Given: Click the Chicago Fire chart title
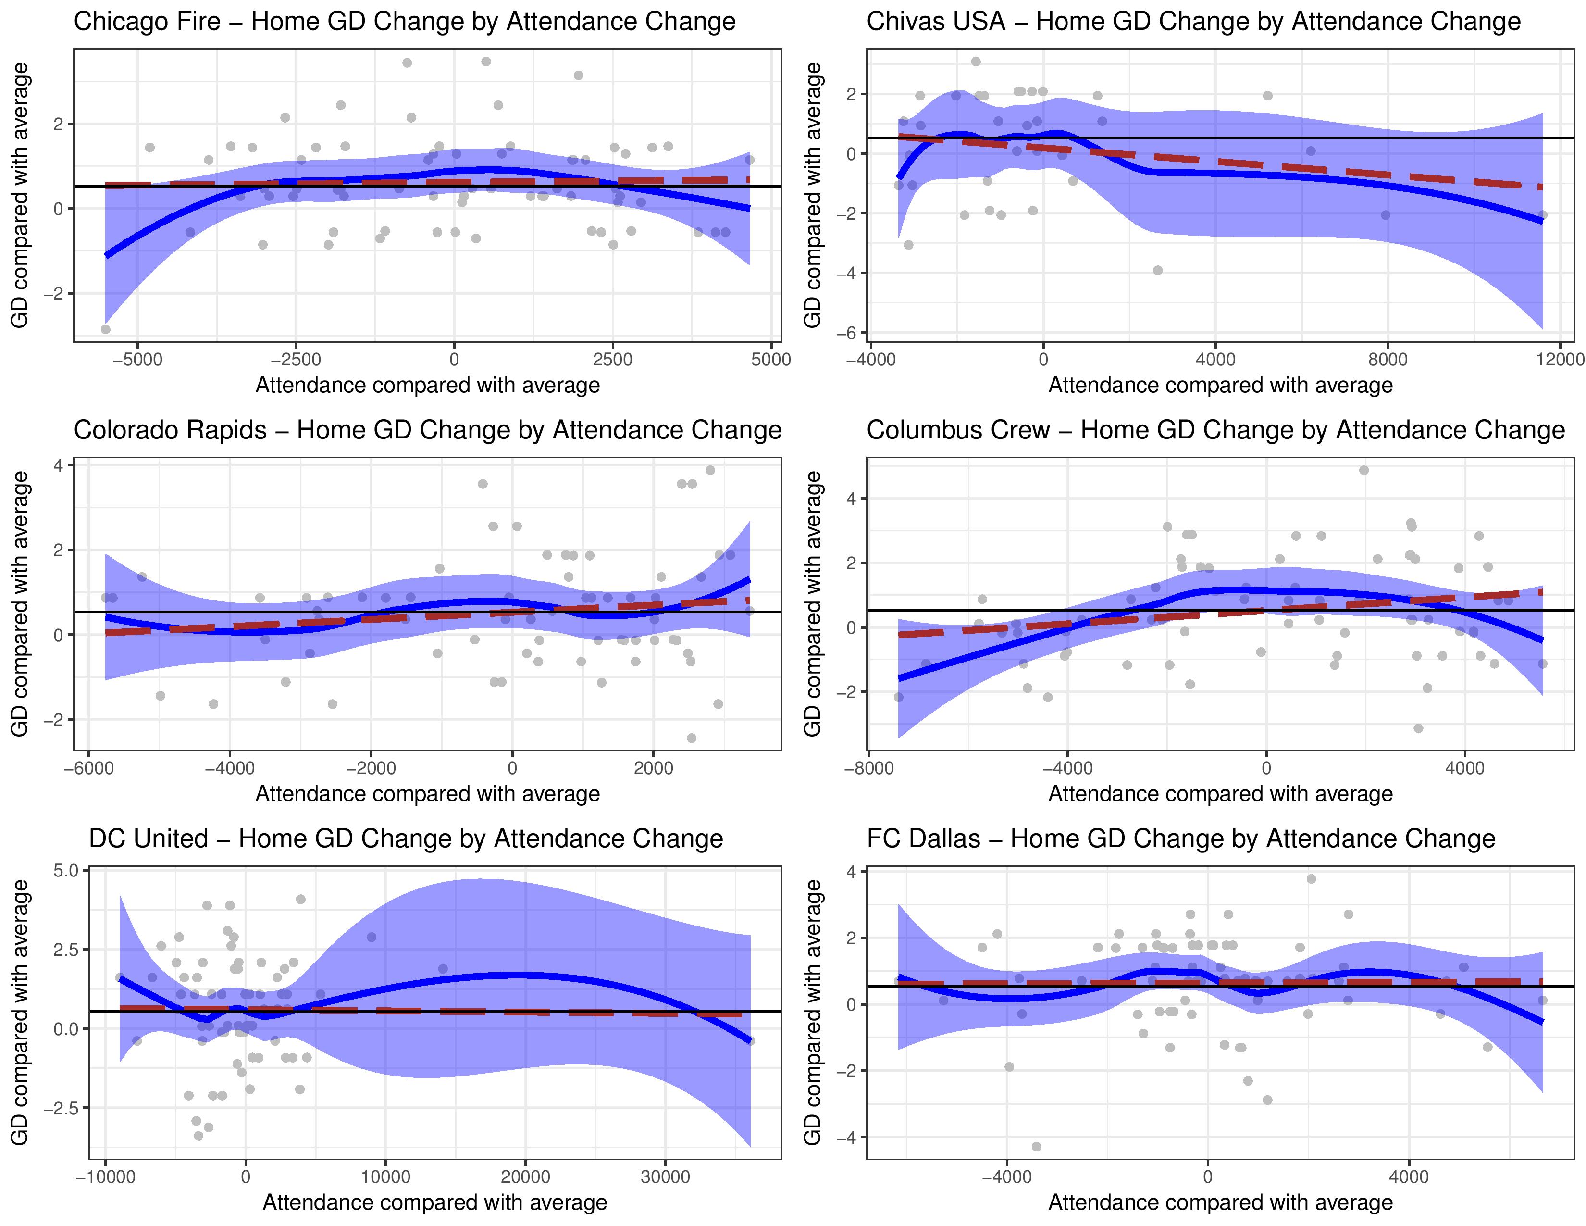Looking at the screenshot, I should pyautogui.click(x=405, y=22).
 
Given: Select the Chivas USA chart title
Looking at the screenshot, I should pyautogui.click(x=1193, y=22).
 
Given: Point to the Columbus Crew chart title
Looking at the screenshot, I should pyautogui.click(x=1215, y=430).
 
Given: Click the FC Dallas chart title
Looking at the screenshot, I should pyautogui.click(x=1181, y=839).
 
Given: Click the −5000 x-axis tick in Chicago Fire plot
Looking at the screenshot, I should pyautogui.click(x=137, y=360).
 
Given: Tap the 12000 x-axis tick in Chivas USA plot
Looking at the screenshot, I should pyautogui.click(x=1560, y=360).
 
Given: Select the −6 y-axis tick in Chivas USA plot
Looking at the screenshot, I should pyautogui.click(x=847, y=333).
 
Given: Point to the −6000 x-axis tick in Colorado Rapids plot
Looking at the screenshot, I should pyautogui.click(x=88, y=768).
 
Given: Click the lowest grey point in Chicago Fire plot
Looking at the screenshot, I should pyautogui.click(x=105, y=329).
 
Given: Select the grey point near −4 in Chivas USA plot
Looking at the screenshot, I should pyautogui.click(x=1158, y=270).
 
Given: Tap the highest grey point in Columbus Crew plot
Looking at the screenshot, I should pyautogui.click(x=1364, y=470).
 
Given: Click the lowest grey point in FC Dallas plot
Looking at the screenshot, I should pyautogui.click(x=1036, y=1147).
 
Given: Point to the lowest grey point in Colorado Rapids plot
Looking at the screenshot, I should pyautogui.click(x=691, y=738).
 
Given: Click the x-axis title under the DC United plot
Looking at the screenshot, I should pyautogui.click(x=434, y=1203).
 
